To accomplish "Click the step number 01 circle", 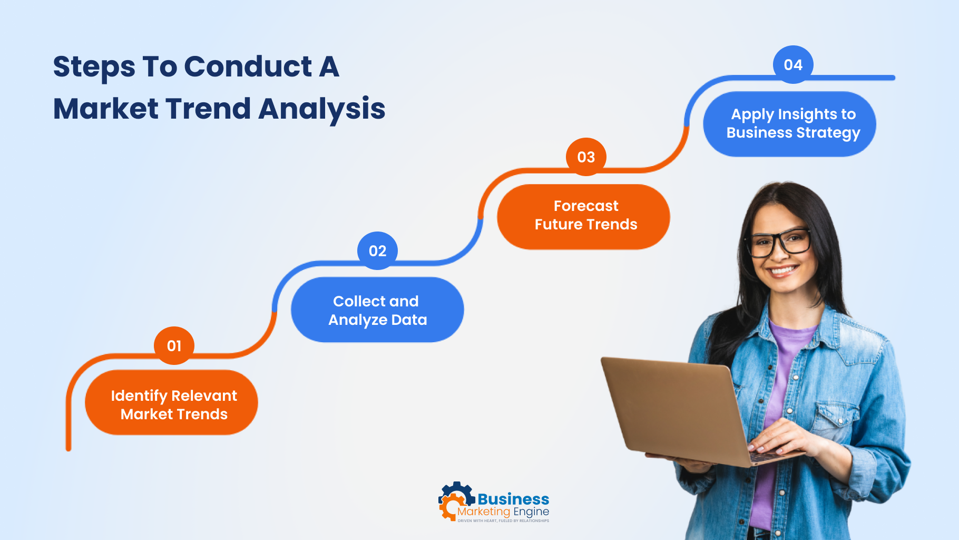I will point(174,345).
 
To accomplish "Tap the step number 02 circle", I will point(377,250).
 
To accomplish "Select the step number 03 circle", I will point(586,157).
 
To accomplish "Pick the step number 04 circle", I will point(793,64).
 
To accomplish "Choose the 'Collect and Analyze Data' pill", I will point(377,310).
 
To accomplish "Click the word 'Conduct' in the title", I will point(248,67).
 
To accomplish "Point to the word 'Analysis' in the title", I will point(321,109).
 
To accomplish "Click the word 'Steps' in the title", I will point(94,67).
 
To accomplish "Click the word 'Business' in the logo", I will point(513,499).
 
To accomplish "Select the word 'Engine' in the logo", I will point(531,512).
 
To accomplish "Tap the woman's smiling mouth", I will point(782,271).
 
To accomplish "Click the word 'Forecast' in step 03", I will point(586,206).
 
